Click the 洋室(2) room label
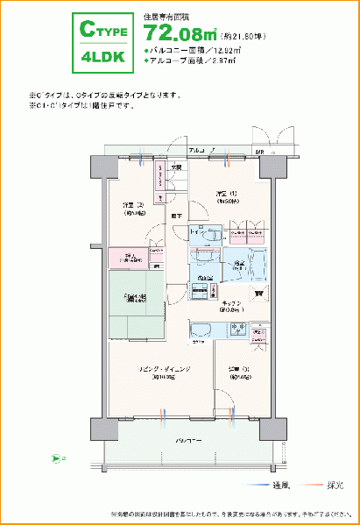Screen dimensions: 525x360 [x=133, y=208]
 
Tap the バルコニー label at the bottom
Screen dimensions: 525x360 [x=187, y=438]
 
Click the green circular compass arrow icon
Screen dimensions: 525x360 [x=57, y=457]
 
